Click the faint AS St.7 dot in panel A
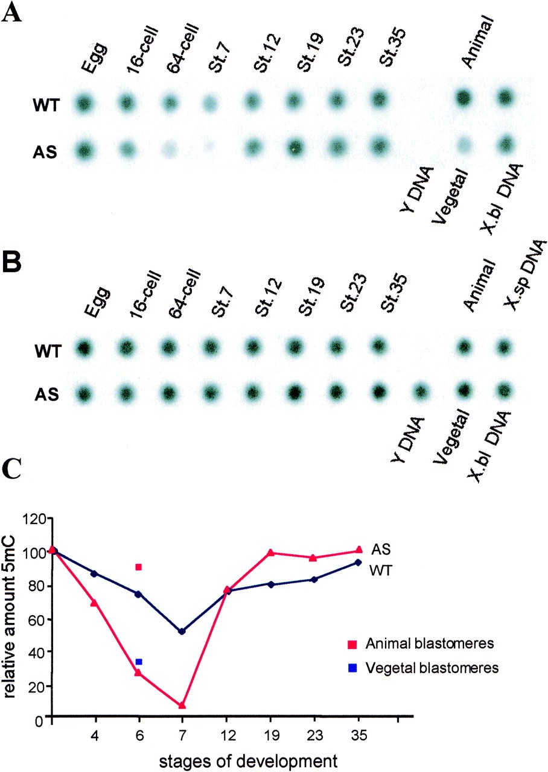[x=209, y=145]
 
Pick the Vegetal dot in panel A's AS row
[x=463, y=145]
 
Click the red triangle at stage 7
[x=182, y=705]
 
